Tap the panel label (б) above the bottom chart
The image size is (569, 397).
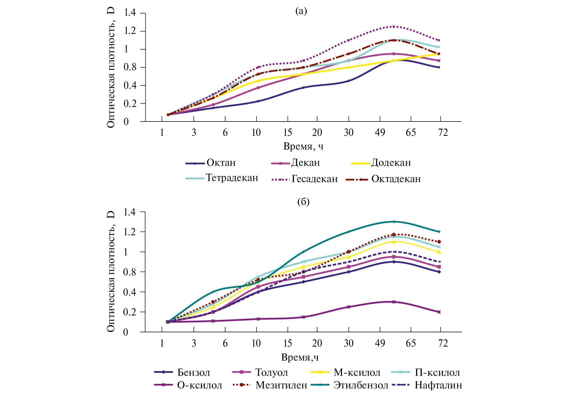point(303,202)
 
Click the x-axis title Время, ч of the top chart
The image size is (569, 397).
point(303,146)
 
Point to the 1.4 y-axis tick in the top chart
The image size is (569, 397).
point(130,13)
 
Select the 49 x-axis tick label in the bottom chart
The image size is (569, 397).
point(380,343)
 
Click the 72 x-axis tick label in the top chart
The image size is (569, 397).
point(443,133)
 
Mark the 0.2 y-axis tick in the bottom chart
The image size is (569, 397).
point(130,312)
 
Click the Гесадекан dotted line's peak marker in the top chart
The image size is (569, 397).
point(394,27)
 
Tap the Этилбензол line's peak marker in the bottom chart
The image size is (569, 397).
point(394,222)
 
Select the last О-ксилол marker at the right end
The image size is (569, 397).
point(439,312)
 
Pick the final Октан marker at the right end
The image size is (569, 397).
point(439,67)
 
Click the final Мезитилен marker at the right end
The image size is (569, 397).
point(439,242)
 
